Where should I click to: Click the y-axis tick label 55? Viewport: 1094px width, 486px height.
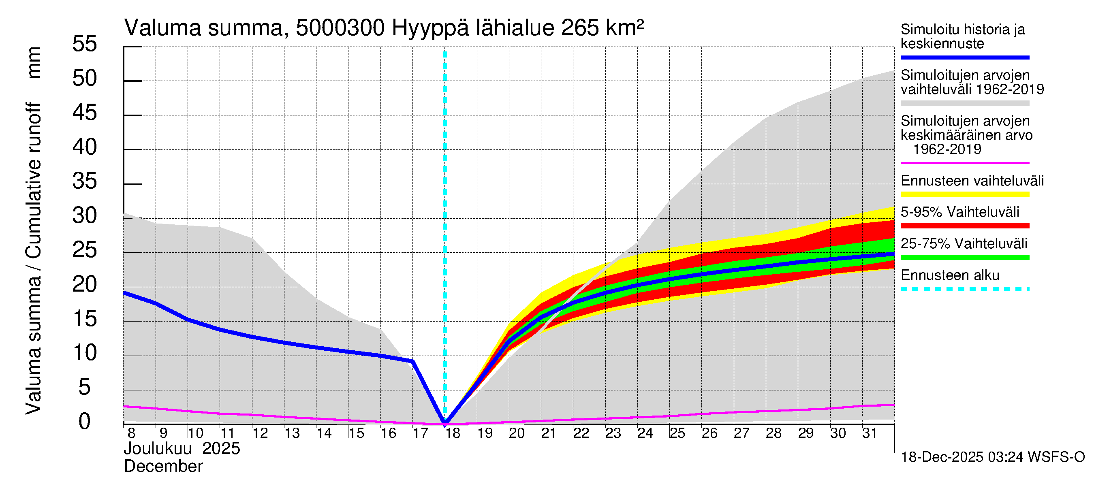85,44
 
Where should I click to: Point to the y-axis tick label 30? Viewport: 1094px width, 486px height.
85,215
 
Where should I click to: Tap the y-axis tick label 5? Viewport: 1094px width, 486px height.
85,388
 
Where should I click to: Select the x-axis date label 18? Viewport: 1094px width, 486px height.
453,433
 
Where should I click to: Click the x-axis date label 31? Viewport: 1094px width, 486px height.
870,433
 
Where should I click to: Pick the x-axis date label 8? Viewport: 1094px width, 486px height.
131,433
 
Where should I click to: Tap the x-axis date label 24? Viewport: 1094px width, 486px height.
645,433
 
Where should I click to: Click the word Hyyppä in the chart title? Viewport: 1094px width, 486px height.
430,28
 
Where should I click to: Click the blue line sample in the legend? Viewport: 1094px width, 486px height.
964,57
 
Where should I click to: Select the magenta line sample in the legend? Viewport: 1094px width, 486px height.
964,163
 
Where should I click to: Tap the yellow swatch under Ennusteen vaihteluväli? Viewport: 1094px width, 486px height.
964,194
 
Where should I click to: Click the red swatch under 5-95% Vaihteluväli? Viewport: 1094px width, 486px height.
964,226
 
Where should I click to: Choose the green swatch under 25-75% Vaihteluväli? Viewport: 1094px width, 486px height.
964,257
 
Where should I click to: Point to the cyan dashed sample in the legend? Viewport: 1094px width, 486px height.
964,289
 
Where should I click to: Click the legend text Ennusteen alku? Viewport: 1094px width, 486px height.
950,275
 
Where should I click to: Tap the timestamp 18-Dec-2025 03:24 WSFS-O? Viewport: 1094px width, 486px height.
992,457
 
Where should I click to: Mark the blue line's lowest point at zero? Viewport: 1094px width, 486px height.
445,423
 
